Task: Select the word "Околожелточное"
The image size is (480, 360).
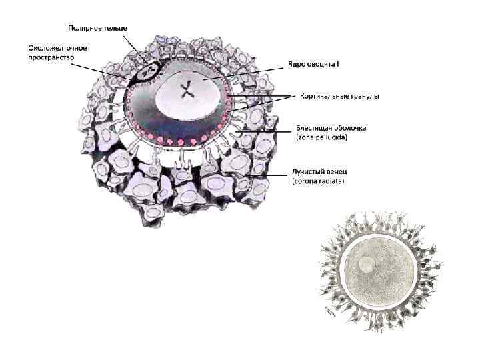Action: [x=58, y=48]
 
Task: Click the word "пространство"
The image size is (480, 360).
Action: [x=51, y=58]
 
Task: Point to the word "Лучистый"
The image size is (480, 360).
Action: [x=309, y=171]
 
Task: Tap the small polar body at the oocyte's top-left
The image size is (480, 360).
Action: [x=149, y=68]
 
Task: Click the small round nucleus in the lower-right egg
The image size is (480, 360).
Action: [x=366, y=264]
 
